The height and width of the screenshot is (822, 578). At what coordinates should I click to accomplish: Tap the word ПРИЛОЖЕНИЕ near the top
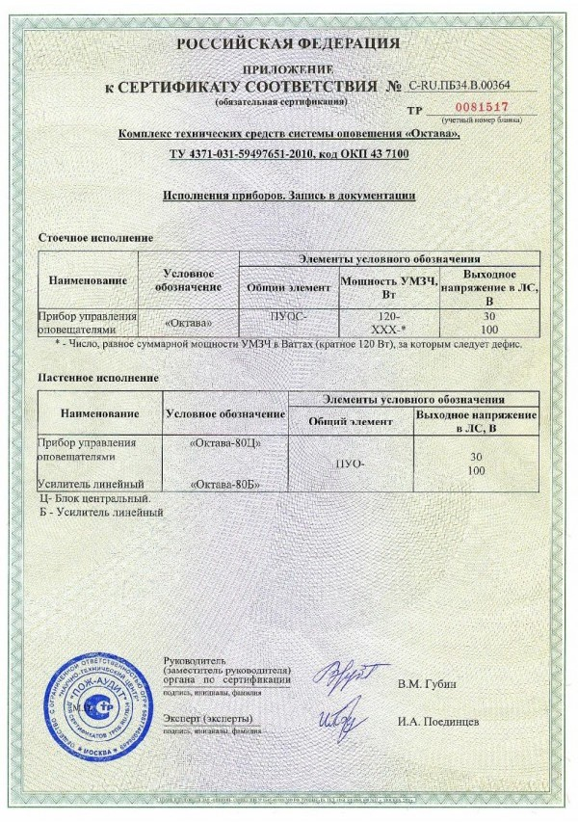[x=289, y=71]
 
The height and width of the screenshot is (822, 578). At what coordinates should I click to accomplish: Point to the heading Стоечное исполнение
[x=94, y=237]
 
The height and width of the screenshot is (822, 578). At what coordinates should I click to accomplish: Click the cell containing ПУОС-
[x=289, y=316]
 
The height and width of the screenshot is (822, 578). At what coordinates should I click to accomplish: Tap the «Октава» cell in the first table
[x=189, y=323]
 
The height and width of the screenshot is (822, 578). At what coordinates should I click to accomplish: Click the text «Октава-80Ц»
[x=222, y=442]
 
